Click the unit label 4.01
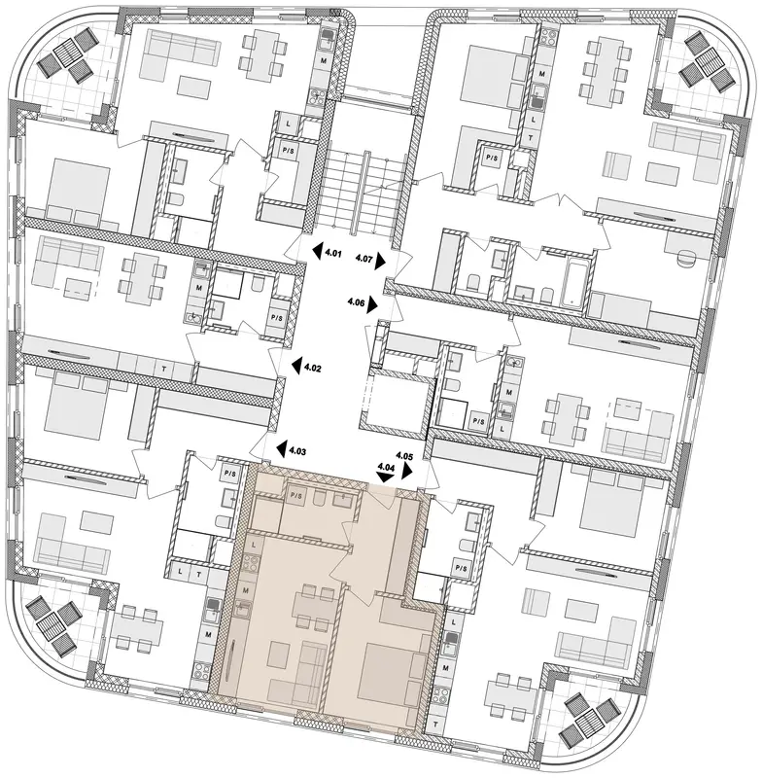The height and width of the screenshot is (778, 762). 333,255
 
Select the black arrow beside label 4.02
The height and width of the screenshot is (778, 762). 296,366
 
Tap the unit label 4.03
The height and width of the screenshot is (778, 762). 297,451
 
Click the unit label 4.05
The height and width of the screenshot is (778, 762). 404,454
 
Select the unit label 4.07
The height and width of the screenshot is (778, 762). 364,258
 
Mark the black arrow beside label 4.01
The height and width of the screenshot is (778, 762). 317,252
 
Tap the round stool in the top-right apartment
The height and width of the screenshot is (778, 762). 686,259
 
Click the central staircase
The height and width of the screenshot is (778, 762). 364,194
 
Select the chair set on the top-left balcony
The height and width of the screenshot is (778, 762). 66,54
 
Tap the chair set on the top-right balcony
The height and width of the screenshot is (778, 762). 707,60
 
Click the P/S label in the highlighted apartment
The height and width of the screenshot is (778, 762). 296,495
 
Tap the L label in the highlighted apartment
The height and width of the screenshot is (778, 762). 254,545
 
